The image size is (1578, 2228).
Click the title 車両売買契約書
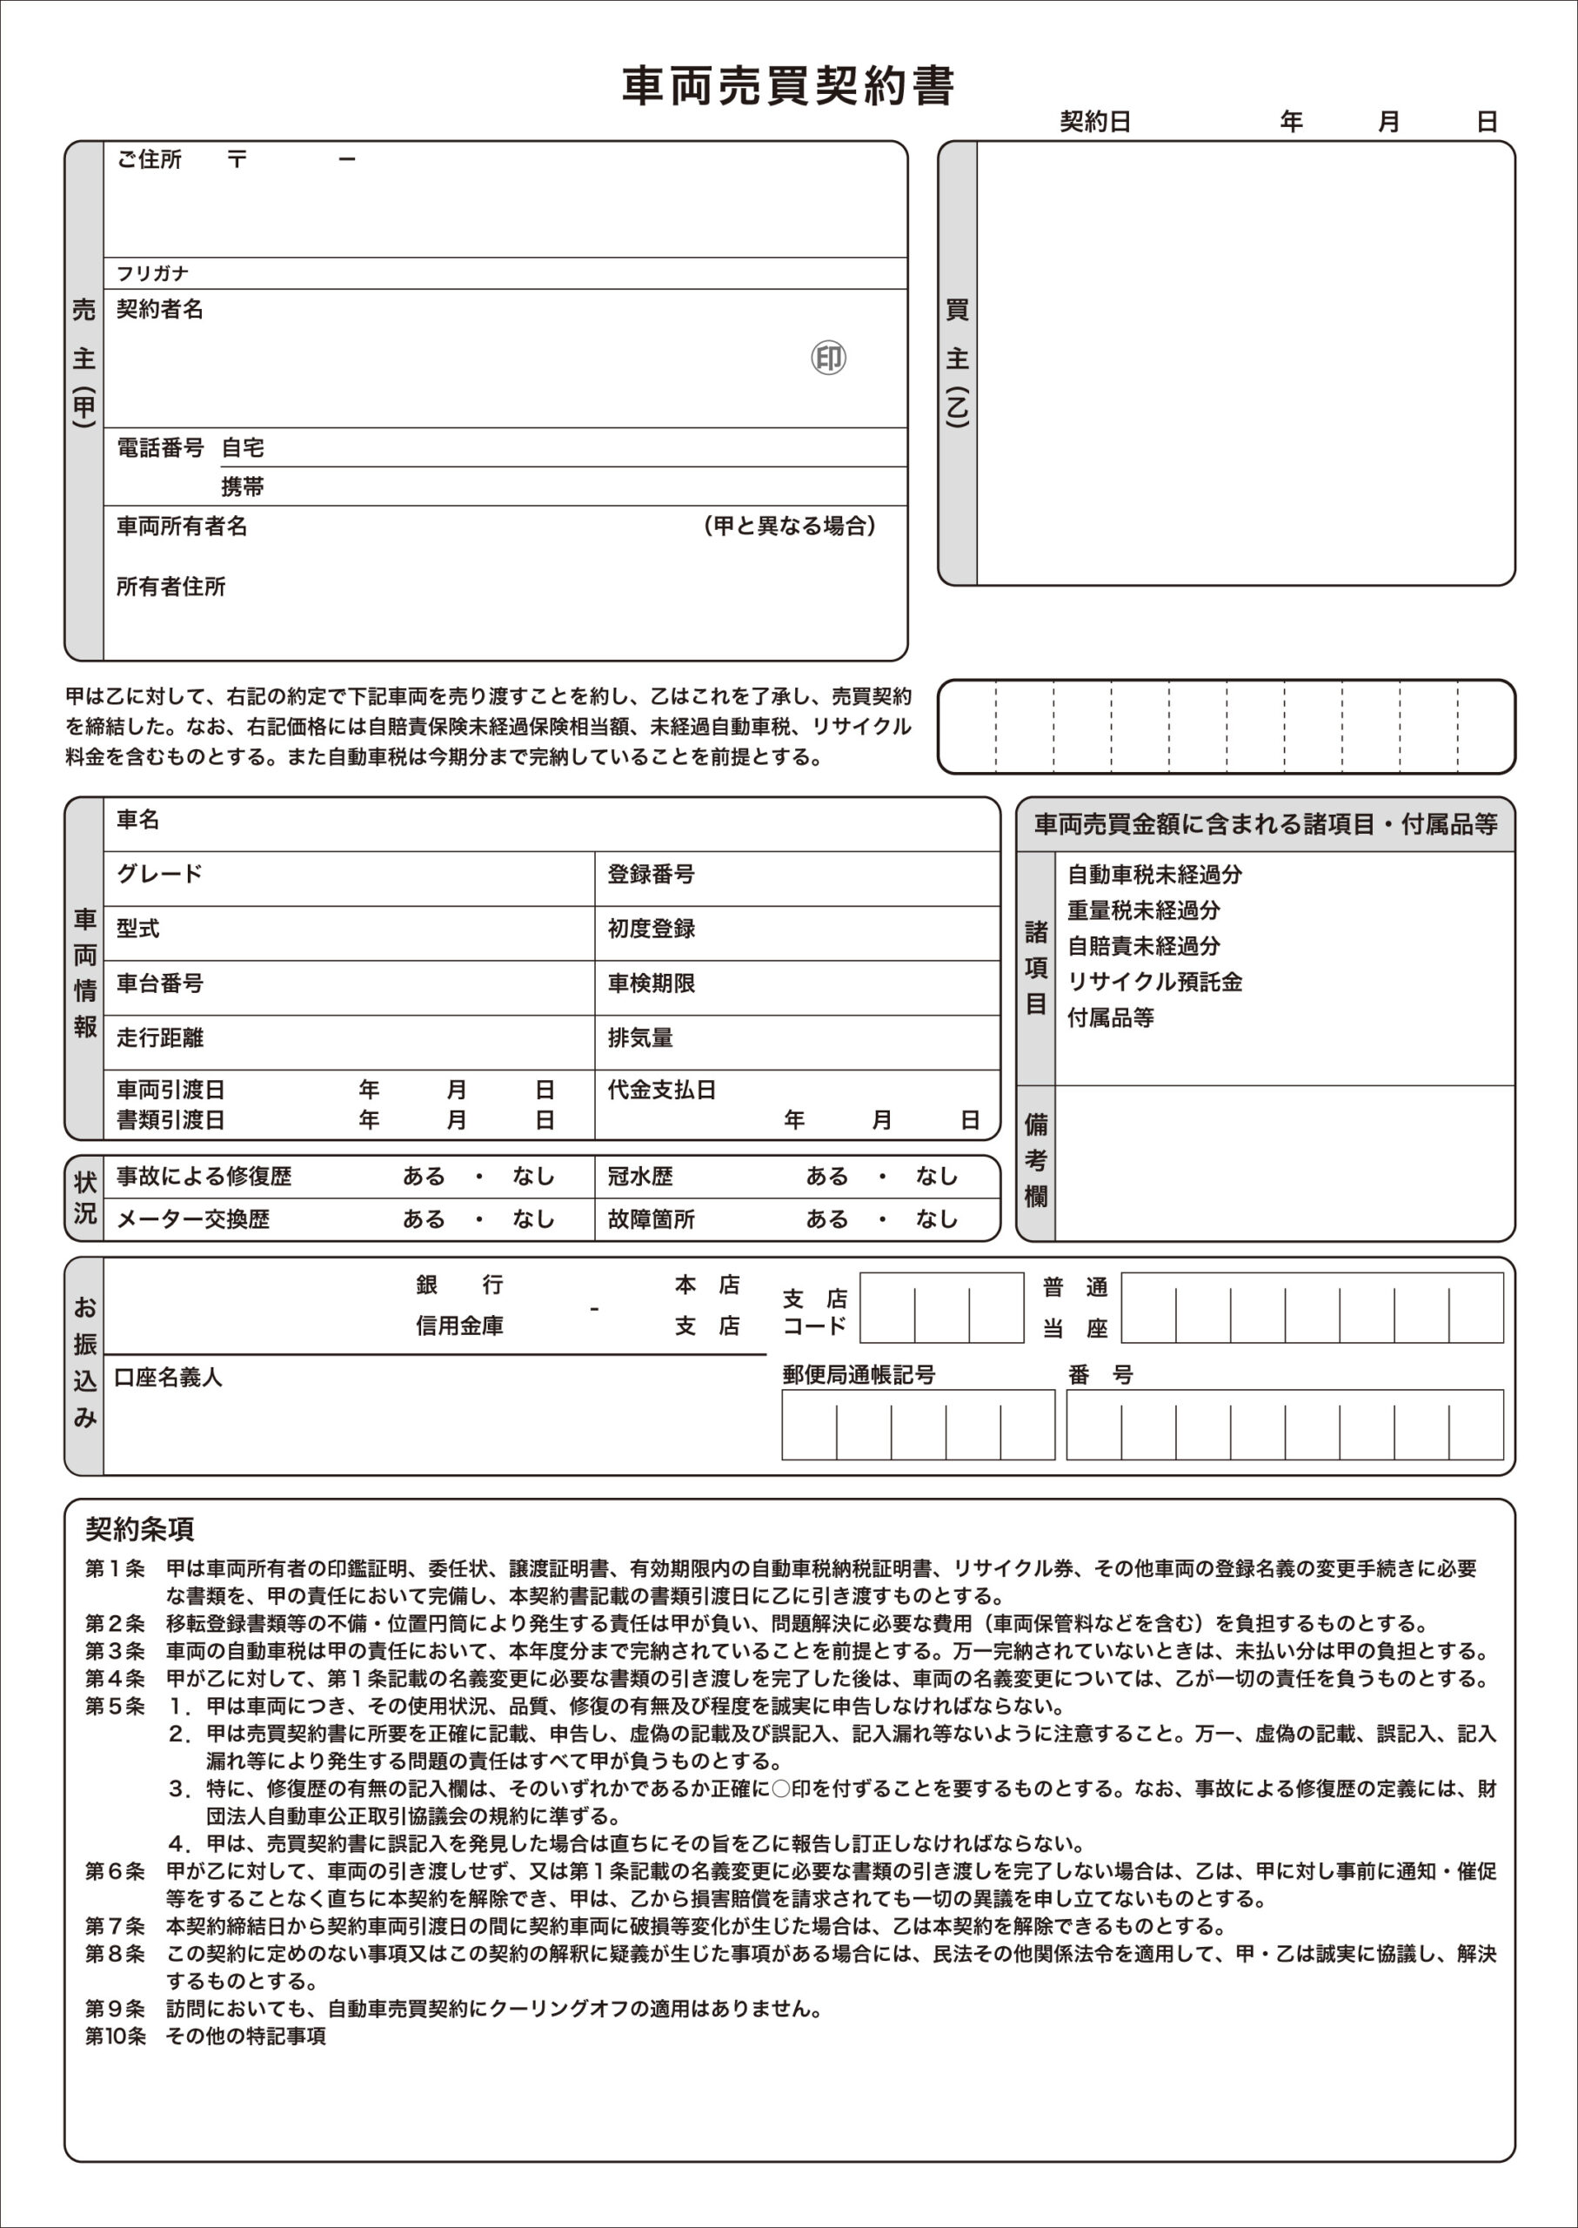click(x=788, y=86)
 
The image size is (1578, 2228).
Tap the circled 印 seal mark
click(x=828, y=358)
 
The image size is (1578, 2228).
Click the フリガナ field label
click(x=152, y=274)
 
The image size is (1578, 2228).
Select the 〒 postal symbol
click(x=237, y=159)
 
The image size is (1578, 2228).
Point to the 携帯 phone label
click(x=242, y=487)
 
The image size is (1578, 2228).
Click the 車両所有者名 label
click(x=182, y=527)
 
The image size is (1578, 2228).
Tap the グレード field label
click(x=159, y=874)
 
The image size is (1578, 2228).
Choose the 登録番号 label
click(x=651, y=875)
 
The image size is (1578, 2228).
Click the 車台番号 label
click(x=159, y=983)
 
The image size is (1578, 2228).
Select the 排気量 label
click(x=640, y=1038)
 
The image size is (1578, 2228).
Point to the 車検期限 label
click(x=651, y=983)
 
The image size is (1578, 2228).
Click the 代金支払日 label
click(x=662, y=1090)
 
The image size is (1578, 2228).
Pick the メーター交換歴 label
click(x=192, y=1219)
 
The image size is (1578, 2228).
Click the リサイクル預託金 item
click(x=1154, y=982)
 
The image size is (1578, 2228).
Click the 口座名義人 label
click(x=168, y=1378)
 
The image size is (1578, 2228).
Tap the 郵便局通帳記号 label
click(x=858, y=1374)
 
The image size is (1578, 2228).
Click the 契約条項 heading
click(x=139, y=1529)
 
